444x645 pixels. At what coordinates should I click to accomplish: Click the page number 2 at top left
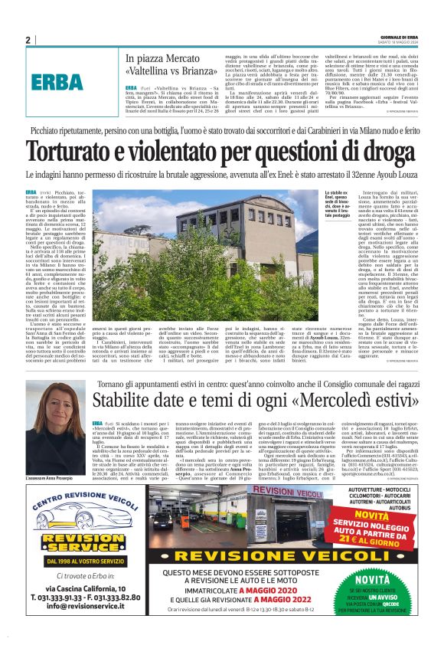pos(28,40)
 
